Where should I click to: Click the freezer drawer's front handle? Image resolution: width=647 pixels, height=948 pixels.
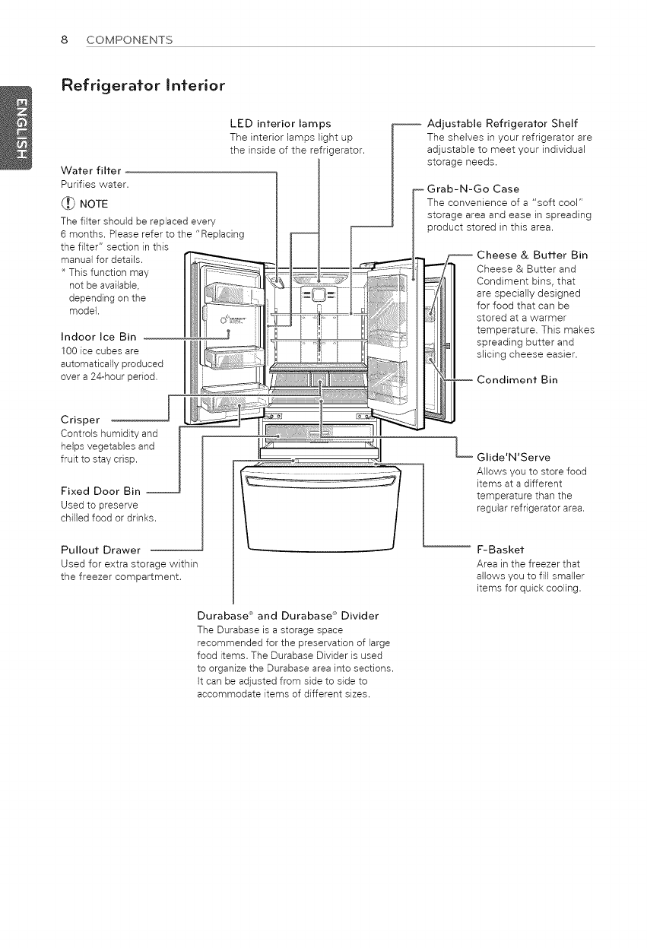(x=320, y=482)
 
